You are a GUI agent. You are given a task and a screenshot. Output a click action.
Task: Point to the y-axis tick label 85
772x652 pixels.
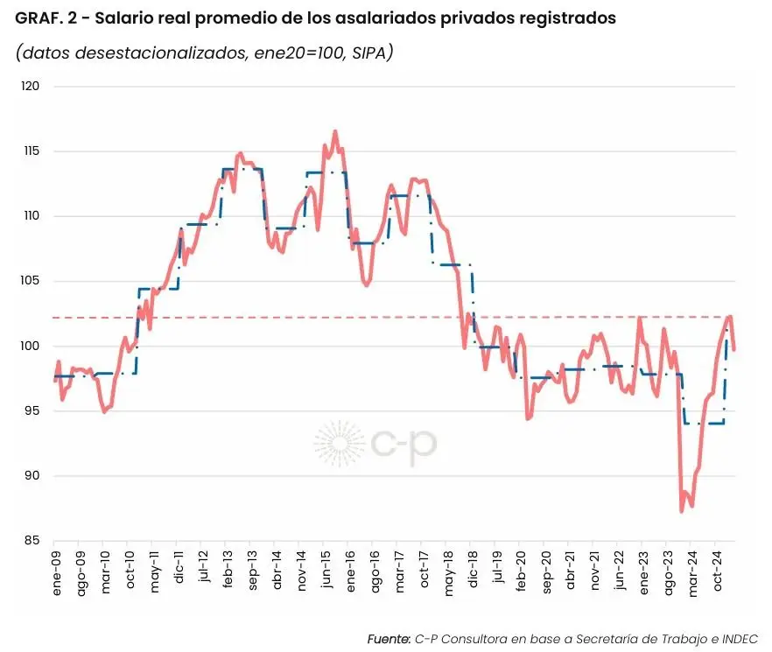point(32,541)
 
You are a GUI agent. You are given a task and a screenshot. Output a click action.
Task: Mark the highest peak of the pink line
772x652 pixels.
point(335,131)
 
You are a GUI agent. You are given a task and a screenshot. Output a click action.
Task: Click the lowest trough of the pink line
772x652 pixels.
point(682,511)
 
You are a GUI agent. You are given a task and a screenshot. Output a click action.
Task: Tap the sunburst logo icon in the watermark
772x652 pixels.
point(340,444)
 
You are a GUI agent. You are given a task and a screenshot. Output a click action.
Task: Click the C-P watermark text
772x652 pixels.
point(404,445)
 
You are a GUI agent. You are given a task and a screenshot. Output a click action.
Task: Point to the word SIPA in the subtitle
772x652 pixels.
point(365,53)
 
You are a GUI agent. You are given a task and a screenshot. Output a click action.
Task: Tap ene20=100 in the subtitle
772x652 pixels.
point(292,53)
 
